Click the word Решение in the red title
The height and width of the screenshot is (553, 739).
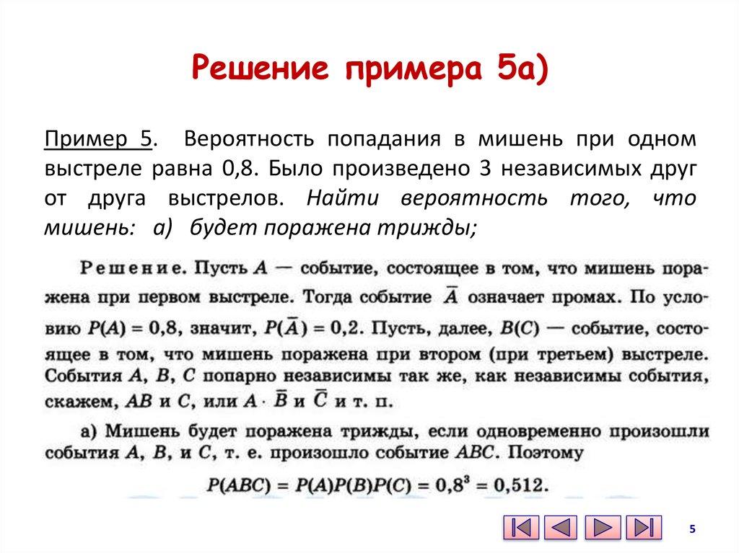tap(262, 70)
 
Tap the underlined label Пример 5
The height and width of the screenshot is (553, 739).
tap(99, 138)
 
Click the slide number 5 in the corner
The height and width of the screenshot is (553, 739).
tap(692, 529)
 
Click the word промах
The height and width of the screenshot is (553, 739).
tap(583, 297)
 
